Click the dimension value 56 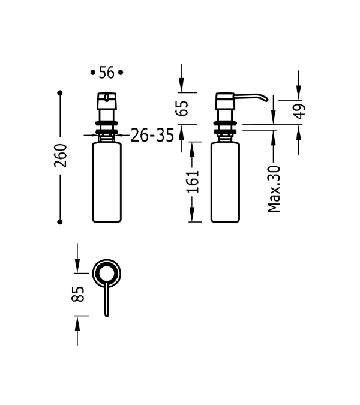coord(106,73)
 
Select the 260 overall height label coord(61,155)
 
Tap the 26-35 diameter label coord(152,135)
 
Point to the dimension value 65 coord(182,109)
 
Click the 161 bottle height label coord(193,182)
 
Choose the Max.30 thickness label coord(274,189)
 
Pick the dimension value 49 coord(299,112)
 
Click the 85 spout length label coord(78,294)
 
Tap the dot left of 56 coord(93,73)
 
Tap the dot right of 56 coord(121,73)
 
